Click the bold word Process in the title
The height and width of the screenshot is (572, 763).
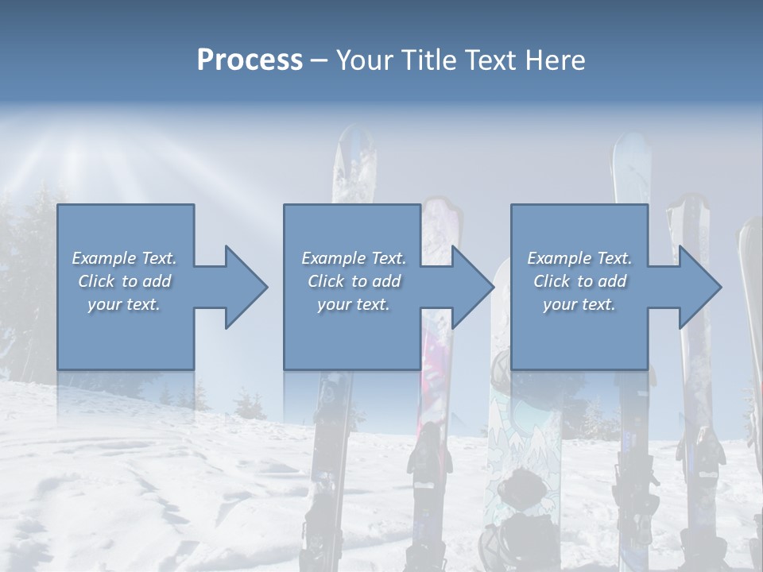click(x=250, y=60)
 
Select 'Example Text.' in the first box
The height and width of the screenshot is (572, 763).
click(x=124, y=258)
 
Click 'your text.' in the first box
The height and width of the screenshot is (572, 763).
click(x=124, y=304)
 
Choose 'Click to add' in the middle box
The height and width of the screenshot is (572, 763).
click(x=354, y=281)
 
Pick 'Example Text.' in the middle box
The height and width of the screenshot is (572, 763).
click(x=354, y=258)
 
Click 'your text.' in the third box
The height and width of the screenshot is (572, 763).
click(x=579, y=304)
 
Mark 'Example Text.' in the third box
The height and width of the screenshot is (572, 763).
click(x=579, y=258)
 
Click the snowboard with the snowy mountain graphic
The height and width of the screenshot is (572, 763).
click(x=521, y=445)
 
